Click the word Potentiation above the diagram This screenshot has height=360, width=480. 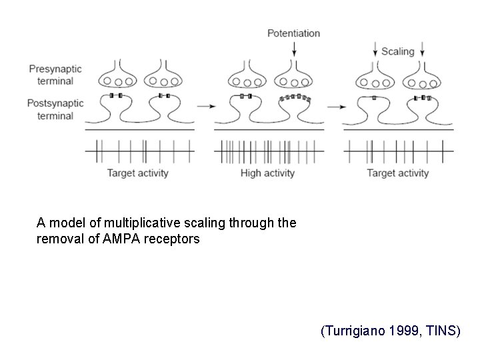coord(293,33)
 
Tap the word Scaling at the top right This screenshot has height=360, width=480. coord(398,51)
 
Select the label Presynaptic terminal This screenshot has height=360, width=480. coord(51,74)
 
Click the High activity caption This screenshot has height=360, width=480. coord(267,173)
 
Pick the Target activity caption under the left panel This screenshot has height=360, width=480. coord(138,173)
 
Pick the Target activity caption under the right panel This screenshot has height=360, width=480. coord(398,173)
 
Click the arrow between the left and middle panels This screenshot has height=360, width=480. coord(205,105)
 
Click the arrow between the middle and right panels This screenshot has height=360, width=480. coord(334,105)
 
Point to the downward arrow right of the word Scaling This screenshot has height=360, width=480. coord(423,51)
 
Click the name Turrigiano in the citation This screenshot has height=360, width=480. coord(353,331)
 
